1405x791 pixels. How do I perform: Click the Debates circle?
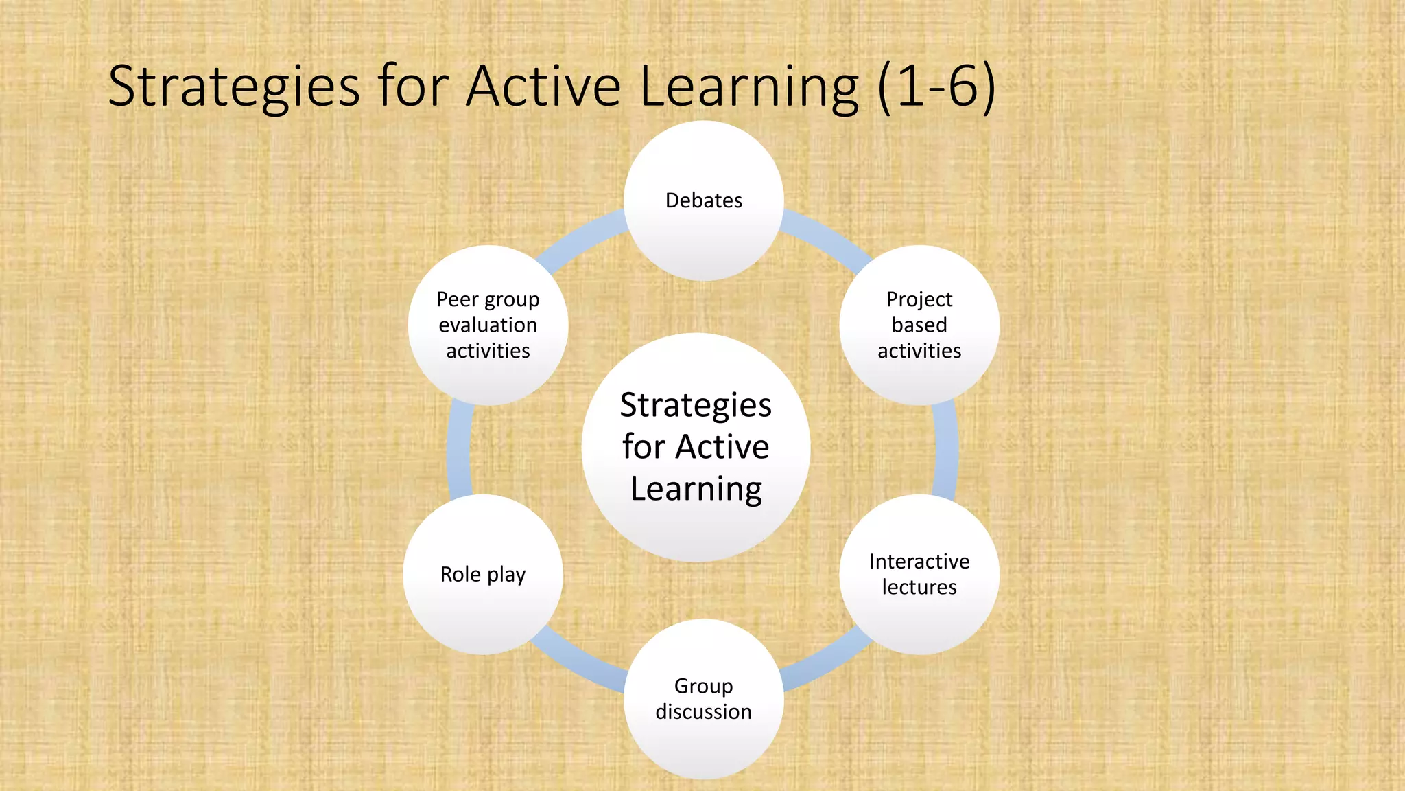pos(703,200)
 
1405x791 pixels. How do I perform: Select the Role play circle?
pos(483,574)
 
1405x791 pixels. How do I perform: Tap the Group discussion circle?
pos(703,698)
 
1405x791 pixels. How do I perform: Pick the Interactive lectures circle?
pos(919,574)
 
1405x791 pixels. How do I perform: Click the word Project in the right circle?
pos(919,299)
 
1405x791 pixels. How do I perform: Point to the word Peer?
pos(457,299)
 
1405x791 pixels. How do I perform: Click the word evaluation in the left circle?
pos(488,325)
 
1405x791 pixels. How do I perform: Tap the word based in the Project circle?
pos(919,325)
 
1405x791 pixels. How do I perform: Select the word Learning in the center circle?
pos(696,489)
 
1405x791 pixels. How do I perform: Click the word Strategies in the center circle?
pos(696,405)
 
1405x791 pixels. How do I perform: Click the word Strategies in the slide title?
pos(233,87)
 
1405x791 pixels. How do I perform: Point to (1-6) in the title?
pos(936,87)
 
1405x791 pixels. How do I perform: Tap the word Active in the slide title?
pos(543,87)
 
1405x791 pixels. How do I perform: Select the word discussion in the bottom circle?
pos(703,711)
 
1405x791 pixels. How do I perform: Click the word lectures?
pos(919,587)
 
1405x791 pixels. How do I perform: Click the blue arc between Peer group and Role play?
pos(458,450)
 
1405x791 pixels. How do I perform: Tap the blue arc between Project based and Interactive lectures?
pos(946,450)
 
